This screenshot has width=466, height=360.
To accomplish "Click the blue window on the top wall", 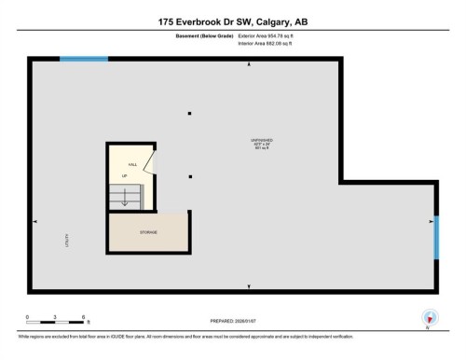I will tap(84, 59).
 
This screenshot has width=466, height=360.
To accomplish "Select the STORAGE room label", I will tap(149, 231).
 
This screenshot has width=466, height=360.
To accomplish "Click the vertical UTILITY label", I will tap(68, 240).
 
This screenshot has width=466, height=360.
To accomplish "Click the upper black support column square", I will tap(189, 113).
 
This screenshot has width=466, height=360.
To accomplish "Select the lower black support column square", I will tap(189, 175).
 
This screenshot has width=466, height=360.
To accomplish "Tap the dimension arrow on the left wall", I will tap(35, 221).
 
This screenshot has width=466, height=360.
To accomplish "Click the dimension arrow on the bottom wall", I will tap(248, 285).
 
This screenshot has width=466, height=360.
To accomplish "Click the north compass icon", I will tap(430, 317).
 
